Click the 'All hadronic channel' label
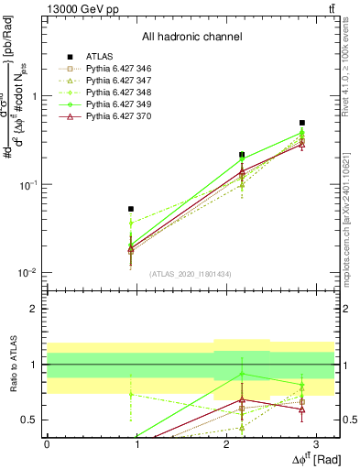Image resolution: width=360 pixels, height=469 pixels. [x=191, y=38]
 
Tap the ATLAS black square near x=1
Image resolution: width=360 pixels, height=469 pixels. [x=131, y=209]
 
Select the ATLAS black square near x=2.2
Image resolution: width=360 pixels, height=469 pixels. [x=242, y=155]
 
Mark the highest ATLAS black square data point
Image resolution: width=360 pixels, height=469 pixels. [x=302, y=122]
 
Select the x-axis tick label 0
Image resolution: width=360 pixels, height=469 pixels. [x=47, y=443]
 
